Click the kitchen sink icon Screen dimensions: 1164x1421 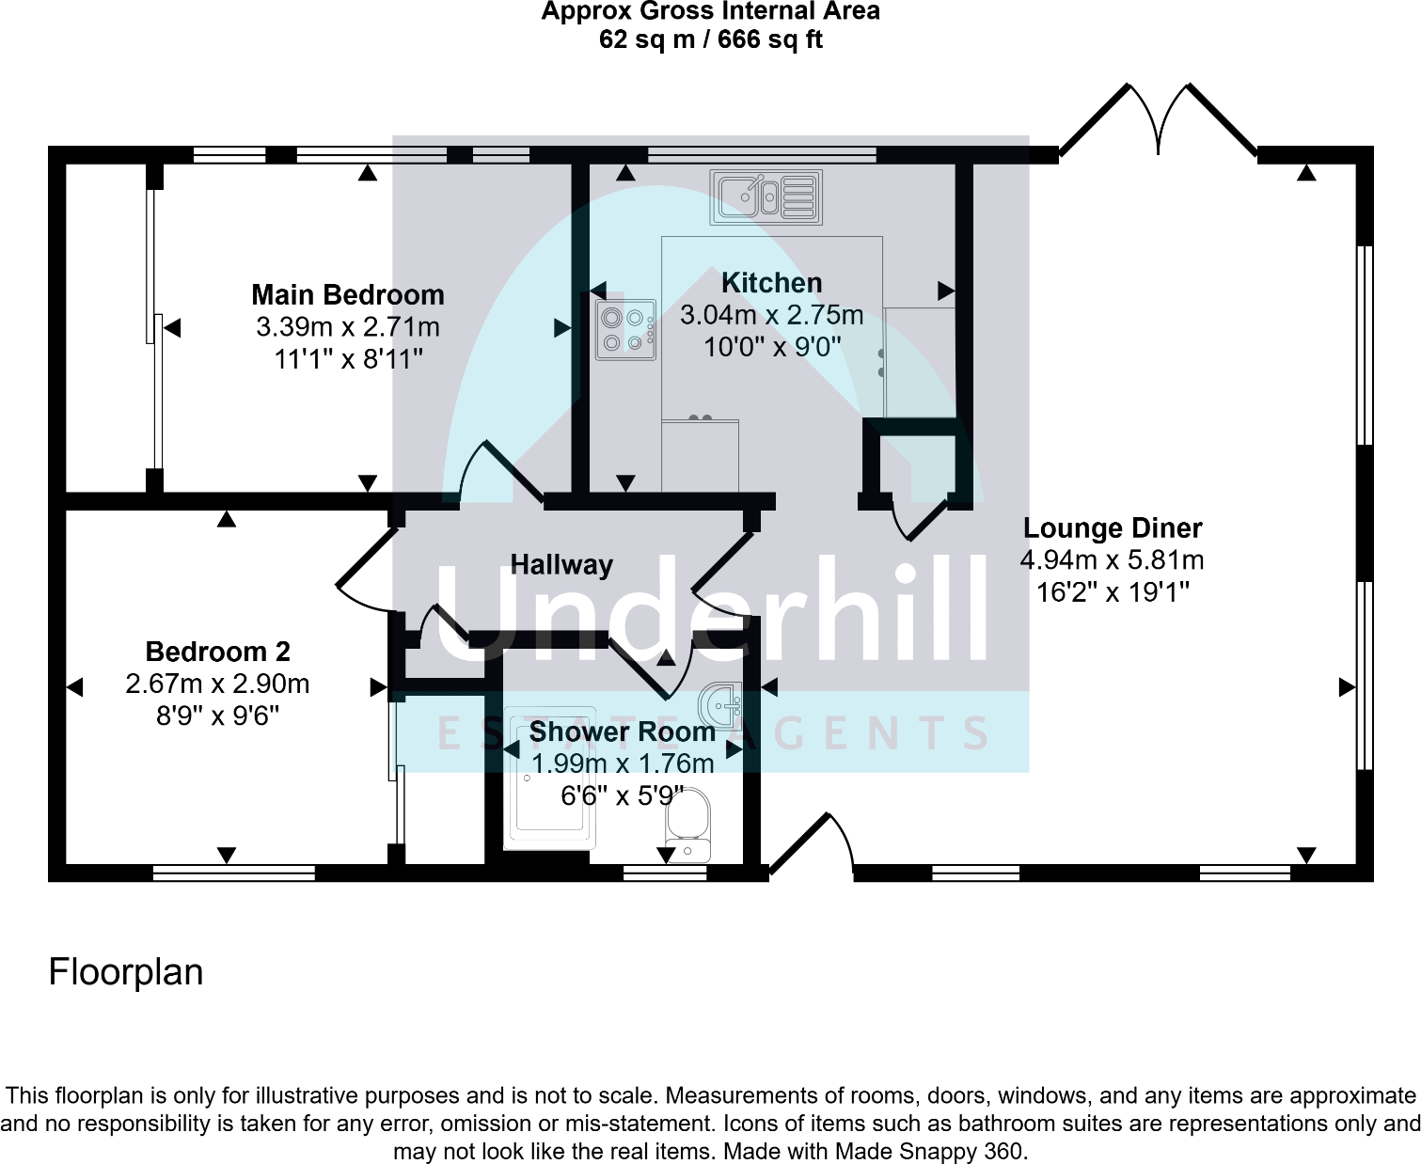tap(766, 197)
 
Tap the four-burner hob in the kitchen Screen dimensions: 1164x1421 tap(625, 330)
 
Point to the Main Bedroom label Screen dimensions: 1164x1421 tap(348, 295)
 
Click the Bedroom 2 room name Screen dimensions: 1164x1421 tap(217, 652)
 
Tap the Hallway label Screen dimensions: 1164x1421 tap(561, 565)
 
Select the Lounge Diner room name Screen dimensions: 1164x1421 tap(1113, 528)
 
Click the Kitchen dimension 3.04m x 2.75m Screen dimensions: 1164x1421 tap(771, 315)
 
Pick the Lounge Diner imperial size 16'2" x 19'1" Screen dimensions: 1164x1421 tap(1113, 592)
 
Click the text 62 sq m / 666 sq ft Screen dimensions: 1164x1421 tap(710, 39)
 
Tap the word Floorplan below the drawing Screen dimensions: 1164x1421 tap(126, 972)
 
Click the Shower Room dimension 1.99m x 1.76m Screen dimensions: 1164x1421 tap(623, 764)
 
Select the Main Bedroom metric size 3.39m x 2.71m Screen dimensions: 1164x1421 tap(348, 327)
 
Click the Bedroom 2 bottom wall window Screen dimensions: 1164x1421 tap(233, 873)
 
